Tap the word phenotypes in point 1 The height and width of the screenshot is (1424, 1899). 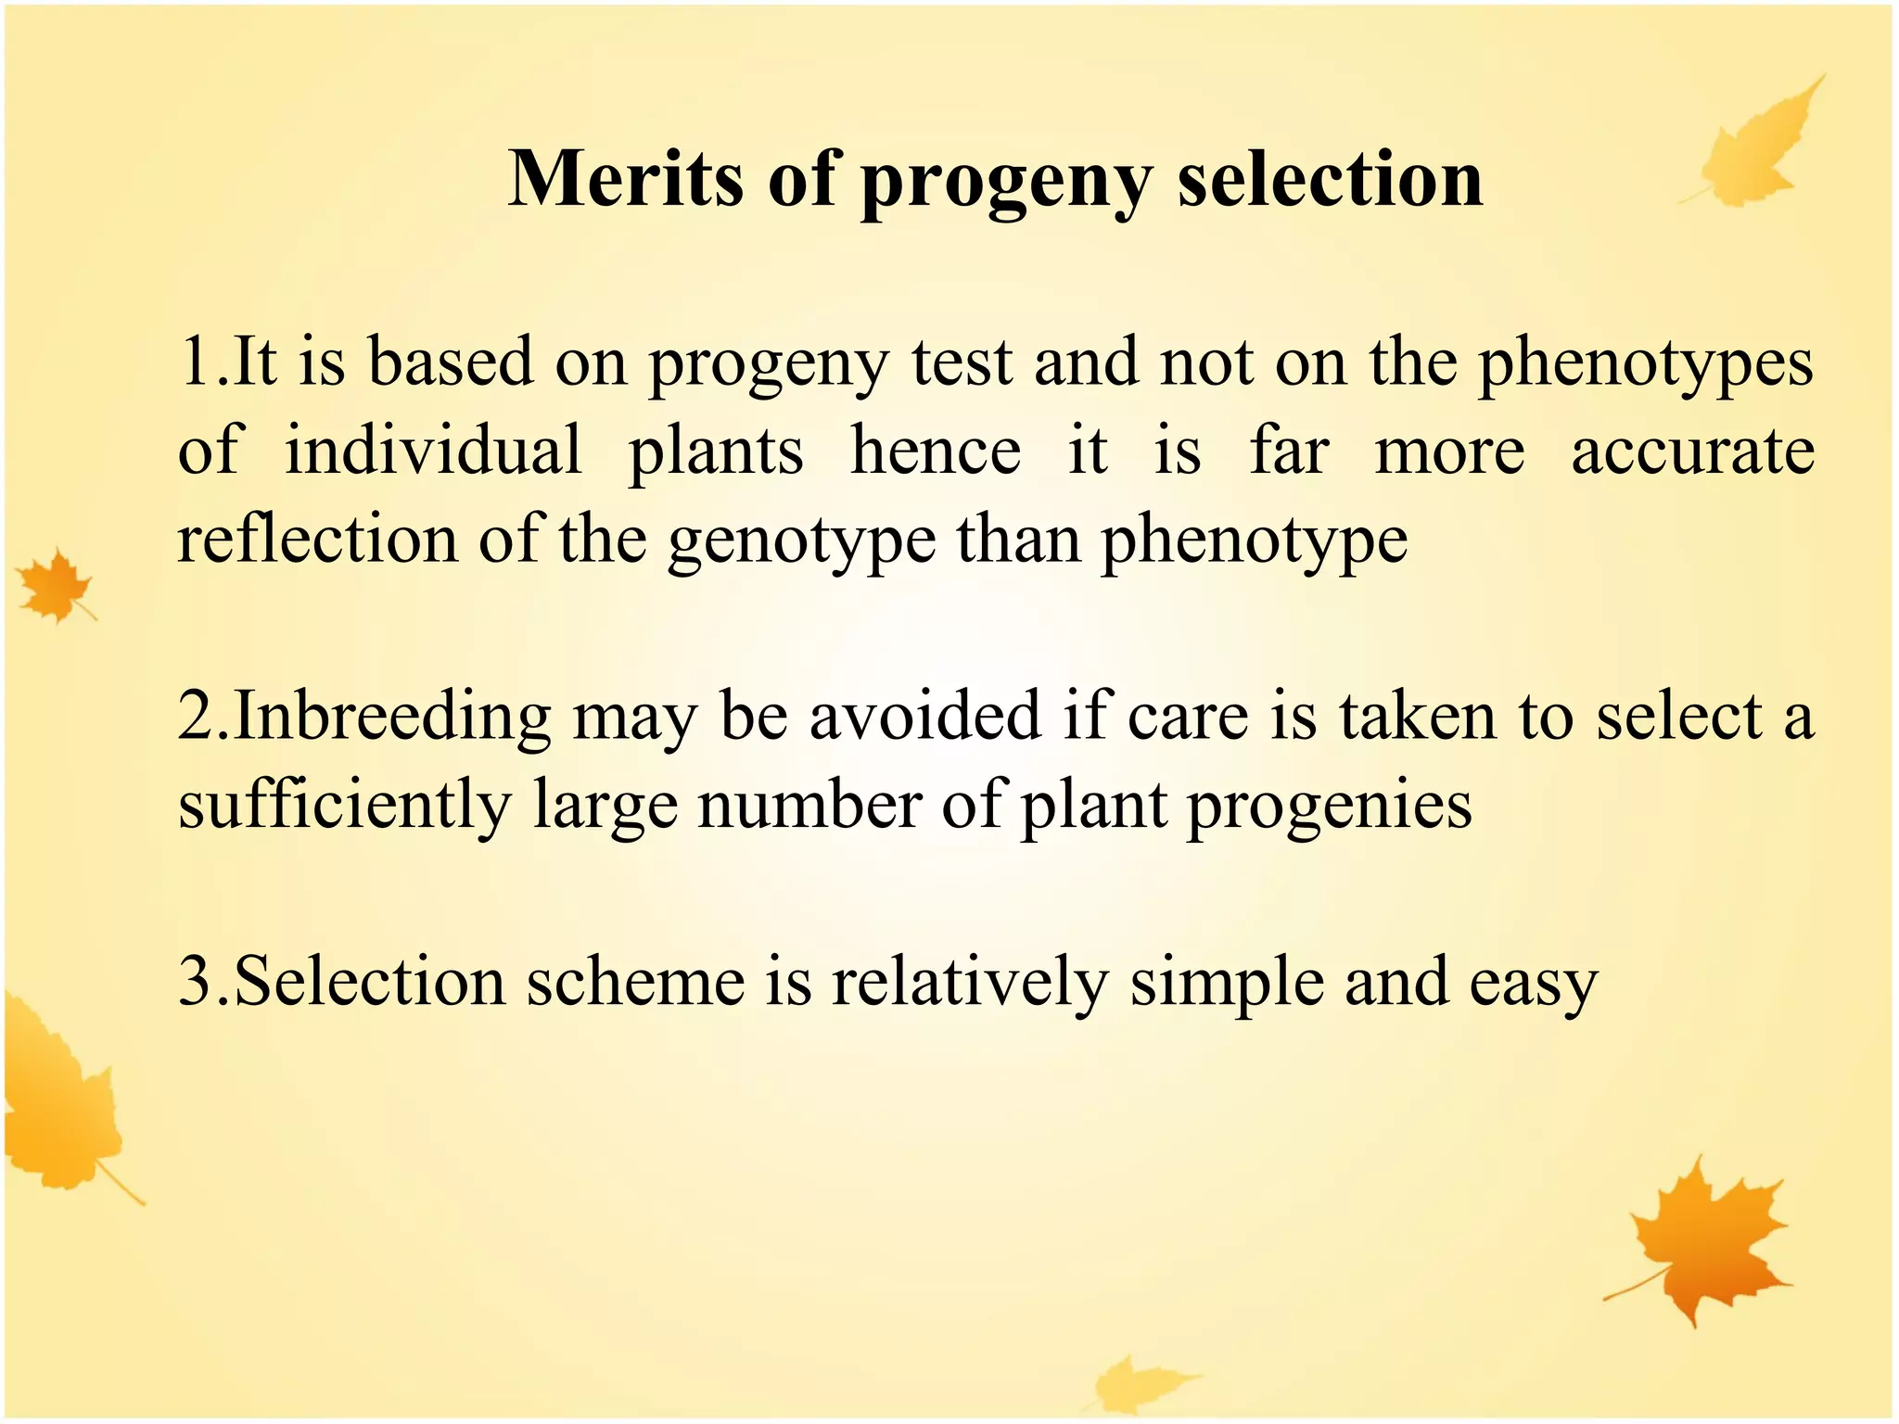coord(1645,364)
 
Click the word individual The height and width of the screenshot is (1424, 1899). coord(433,451)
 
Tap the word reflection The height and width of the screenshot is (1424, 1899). coord(317,540)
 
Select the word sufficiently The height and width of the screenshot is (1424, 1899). coord(344,805)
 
